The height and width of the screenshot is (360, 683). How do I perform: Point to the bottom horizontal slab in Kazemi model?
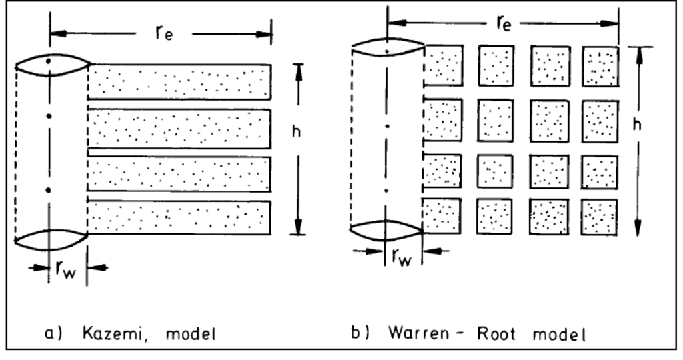pos(179,218)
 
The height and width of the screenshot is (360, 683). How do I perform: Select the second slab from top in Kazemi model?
pos(179,128)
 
